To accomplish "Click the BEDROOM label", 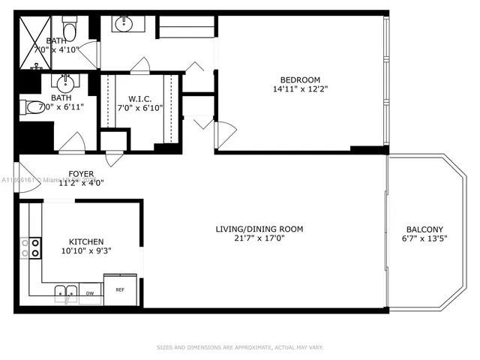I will pos(300,80).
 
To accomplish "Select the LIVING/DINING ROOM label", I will pos(259,229).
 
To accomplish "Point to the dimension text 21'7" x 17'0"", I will pos(259,239).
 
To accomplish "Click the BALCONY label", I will pos(424,229).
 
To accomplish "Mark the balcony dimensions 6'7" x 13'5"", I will pos(424,239).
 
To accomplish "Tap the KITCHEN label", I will pos(86,241).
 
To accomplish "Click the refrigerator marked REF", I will pos(120,288).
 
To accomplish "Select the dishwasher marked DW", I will pos(90,293).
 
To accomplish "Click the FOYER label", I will pos(81,174).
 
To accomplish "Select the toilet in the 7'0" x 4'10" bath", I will pos(70,29).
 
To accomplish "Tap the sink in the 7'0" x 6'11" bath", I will pos(66,80).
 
